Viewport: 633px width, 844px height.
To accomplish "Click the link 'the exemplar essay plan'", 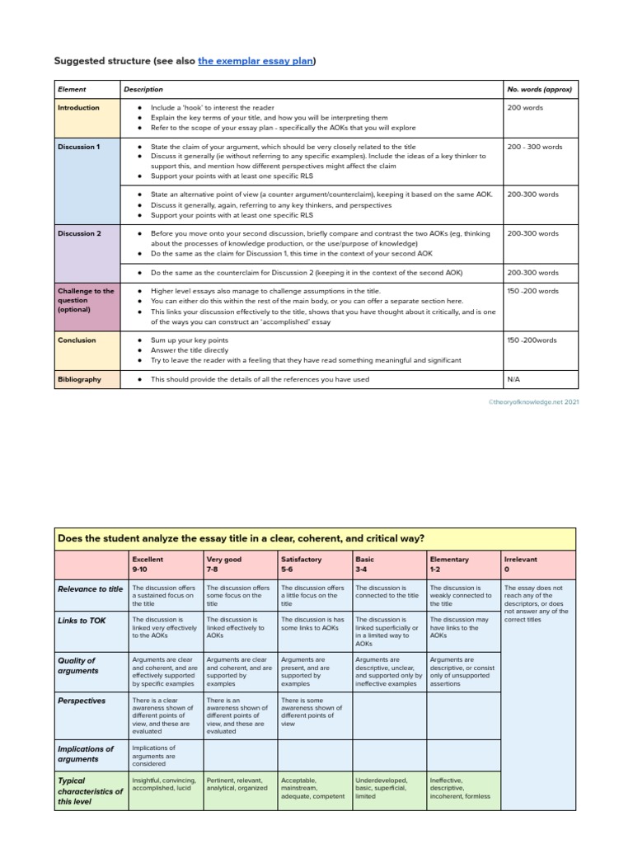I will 256,61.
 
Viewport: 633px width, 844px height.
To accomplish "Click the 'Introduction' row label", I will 79,108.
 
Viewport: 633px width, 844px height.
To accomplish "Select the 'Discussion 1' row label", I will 79,147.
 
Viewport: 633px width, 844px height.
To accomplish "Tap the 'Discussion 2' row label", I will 79,233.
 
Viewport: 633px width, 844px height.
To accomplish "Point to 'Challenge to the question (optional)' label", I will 86,300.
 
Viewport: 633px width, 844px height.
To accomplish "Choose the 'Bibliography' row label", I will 80,379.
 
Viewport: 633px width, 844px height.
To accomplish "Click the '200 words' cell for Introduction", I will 525,108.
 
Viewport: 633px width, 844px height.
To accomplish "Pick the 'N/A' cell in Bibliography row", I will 514,379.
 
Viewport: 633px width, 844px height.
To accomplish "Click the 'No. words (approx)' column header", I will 540,89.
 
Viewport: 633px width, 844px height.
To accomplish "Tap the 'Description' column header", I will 143,89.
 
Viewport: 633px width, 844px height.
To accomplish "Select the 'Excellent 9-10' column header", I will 148,564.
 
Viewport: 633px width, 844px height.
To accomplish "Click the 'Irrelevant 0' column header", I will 520,564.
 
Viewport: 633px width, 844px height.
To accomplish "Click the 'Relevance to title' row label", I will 91,589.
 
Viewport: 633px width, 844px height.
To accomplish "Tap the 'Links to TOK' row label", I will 82,620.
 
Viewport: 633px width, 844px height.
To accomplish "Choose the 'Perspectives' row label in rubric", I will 82,701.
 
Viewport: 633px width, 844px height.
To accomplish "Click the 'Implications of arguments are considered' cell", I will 154,755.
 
